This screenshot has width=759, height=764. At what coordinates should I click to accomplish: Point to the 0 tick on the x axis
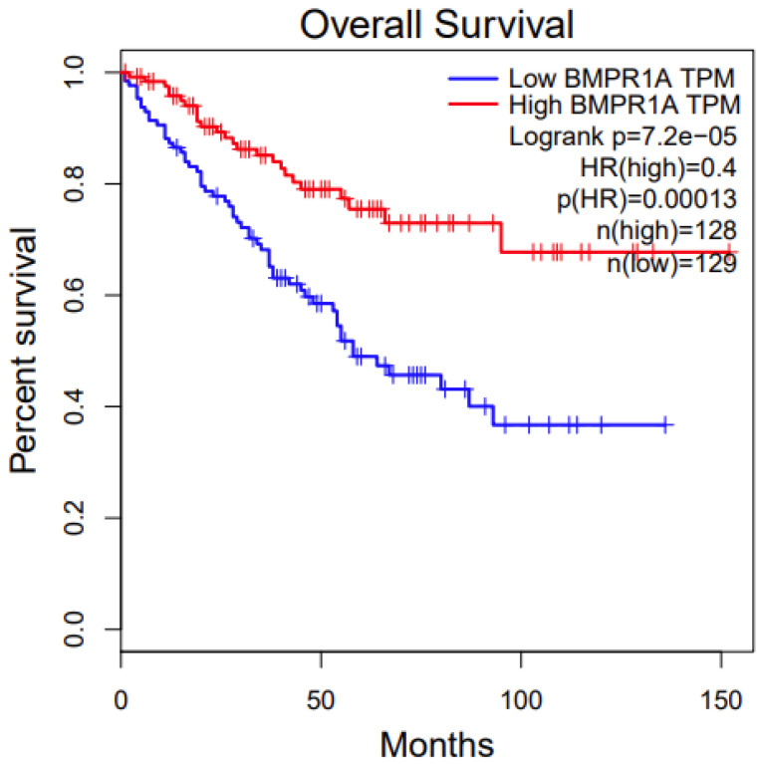click(122, 699)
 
